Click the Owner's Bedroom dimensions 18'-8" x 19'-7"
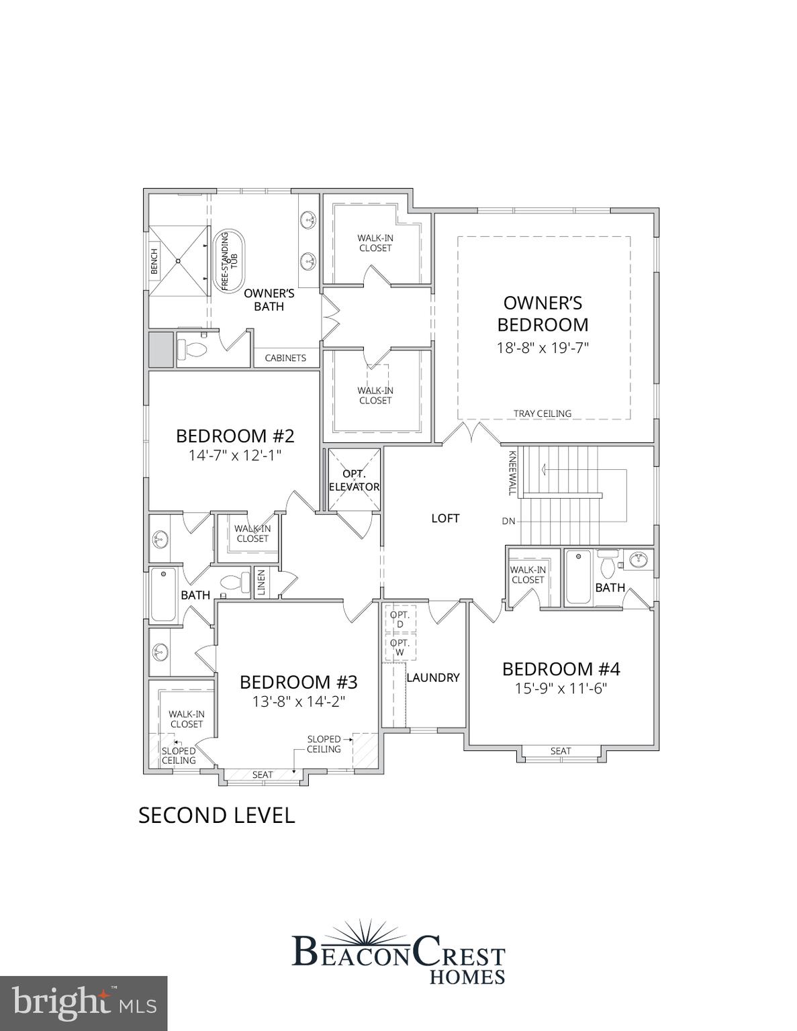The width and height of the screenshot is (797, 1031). (x=543, y=348)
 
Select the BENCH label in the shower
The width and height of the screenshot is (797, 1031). (x=154, y=261)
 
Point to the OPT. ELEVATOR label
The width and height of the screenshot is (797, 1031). (x=354, y=481)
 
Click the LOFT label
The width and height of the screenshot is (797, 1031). (x=445, y=518)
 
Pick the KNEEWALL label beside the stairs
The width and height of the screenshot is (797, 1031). (x=512, y=473)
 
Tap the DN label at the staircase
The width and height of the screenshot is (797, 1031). (x=508, y=521)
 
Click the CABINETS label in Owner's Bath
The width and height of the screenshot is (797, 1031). (x=285, y=358)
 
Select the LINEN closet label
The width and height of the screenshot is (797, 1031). (x=261, y=583)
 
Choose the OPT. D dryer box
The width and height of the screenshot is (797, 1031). (x=400, y=620)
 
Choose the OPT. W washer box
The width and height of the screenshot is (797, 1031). (x=400, y=648)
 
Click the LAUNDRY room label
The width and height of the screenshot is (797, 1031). (x=433, y=678)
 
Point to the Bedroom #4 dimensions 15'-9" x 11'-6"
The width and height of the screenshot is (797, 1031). (x=561, y=688)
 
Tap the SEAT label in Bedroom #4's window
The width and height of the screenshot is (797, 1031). (x=561, y=751)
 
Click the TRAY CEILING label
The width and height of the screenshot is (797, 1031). (x=543, y=413)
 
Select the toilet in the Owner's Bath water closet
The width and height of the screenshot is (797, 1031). (x=193, y=349)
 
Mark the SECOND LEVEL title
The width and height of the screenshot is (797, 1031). (x=216, y=815)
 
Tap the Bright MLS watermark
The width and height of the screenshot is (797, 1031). (x=83, y=1003)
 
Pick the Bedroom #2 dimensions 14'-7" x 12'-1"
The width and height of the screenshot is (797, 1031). (x=234, y=455)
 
